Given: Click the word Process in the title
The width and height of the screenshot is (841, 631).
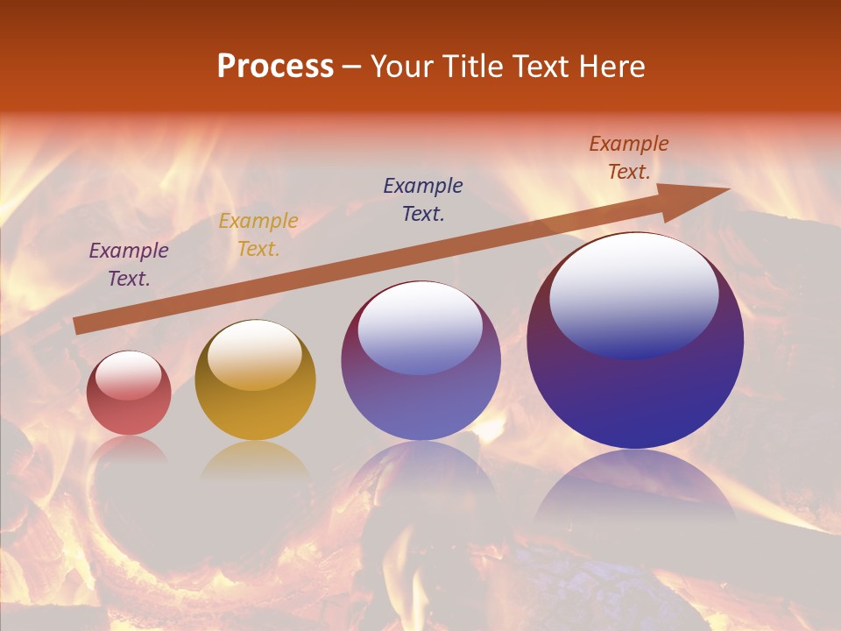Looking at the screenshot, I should click(275, 67).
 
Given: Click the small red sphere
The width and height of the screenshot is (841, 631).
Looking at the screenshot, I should click(129, 393).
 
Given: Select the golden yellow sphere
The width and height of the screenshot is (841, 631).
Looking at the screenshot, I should click(255, 380).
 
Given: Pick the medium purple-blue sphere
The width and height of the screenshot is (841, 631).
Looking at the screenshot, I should click(420, 361).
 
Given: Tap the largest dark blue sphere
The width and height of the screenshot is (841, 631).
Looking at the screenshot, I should click(635, 341).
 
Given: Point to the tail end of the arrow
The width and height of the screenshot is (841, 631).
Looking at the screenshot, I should click(79, 326).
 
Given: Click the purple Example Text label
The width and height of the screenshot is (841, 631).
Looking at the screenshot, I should click(128, 265).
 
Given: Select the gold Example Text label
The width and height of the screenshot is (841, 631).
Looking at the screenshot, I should click(258, 235).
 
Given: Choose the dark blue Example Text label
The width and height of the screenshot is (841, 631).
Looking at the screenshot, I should click(423, 199).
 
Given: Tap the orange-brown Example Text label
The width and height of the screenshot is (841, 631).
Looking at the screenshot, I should click(629, 158).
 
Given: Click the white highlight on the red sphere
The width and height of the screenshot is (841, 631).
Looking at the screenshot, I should click(129, 376).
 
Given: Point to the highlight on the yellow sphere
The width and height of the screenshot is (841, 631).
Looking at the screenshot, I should click(254, 355).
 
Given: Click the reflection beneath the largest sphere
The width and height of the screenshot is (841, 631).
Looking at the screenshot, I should click(635, 491).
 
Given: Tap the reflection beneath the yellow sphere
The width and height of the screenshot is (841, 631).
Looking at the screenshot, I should click(255, 460).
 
